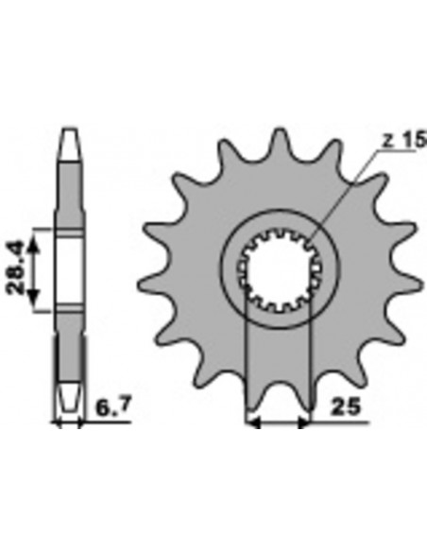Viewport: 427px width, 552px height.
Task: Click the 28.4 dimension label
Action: (x=16, y=267)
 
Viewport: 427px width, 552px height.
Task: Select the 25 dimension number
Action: (x=346, y=406)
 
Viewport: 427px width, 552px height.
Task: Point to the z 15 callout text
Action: (x=404, y=140)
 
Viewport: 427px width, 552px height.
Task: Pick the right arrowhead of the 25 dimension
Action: (x=304, y=423)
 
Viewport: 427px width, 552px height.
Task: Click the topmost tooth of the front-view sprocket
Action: (x=280, y=141)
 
